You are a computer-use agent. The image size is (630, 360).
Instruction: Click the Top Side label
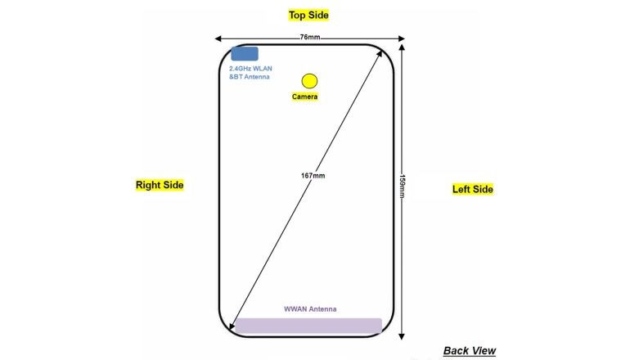point(308,15)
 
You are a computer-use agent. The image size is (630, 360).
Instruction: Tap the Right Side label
point(160,186)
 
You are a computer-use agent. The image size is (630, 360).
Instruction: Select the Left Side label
point(473,189)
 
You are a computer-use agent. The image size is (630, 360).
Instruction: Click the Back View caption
point(469,351)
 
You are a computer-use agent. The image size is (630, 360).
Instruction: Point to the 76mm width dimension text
point(309,38)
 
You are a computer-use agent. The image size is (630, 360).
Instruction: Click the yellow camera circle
point(309,80)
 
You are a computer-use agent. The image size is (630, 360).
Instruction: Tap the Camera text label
point(304,97)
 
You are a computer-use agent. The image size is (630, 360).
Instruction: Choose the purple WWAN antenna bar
point(308,326)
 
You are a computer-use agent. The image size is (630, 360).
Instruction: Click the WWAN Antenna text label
point(310,309)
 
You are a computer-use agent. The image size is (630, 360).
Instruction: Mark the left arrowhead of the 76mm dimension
point(218,38)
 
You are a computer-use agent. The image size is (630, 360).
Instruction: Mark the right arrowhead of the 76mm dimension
point(402,38)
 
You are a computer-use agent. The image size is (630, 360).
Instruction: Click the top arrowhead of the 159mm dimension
point(402,46)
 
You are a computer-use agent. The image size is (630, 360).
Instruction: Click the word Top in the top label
point(296,15)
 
